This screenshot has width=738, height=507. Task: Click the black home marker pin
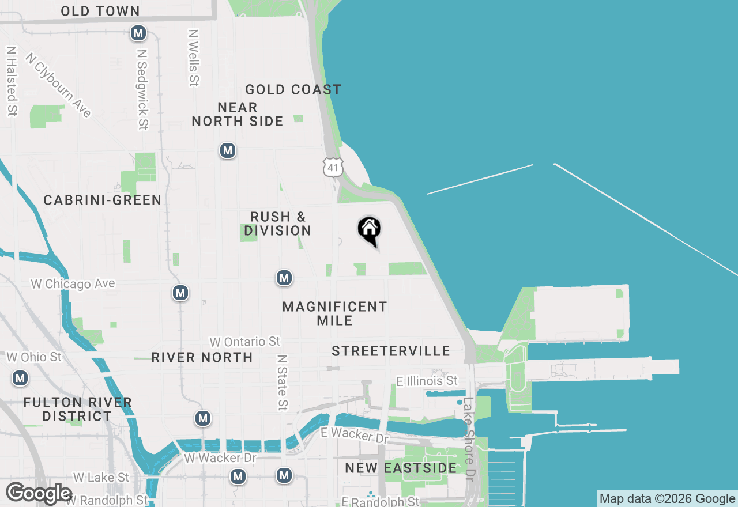coord(369,230)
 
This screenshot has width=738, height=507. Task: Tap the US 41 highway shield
coord(333,167)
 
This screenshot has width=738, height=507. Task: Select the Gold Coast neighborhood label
coord(293,89)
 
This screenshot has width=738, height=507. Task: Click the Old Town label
coord(100,11)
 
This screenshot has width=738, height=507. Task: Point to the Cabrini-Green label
coord(103,200)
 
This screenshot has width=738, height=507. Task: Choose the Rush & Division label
coord(277,224)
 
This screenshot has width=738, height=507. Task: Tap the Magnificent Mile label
coord(334,313)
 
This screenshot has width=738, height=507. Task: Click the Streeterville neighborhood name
coord(391,351)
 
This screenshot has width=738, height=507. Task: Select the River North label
coord(202,357)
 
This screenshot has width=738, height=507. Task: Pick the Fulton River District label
coord(78,409)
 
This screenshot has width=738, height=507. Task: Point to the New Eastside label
coord(401,468)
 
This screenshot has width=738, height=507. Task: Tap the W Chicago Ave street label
coord(72,283)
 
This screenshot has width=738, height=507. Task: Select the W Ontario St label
coord(245,342)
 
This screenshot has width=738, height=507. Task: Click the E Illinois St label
coord(427,381)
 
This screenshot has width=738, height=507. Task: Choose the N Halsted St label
coord(11,81)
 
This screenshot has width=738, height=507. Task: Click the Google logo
coord(39,493)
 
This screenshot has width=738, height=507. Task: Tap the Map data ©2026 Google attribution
coord(667,499)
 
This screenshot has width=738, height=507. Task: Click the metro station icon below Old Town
coord(138,33)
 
